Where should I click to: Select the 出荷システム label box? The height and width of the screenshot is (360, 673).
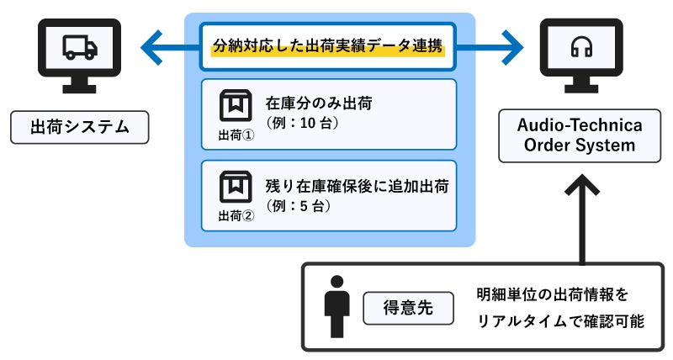(79, 129)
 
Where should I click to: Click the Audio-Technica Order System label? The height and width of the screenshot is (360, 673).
(580, 135)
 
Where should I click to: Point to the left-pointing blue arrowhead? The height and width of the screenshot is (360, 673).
(151, 47)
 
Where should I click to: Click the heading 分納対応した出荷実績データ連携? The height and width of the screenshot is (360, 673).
(330, 47)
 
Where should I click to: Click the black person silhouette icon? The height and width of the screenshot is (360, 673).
(336, 306)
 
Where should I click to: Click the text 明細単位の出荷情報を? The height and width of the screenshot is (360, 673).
(551, 295)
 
